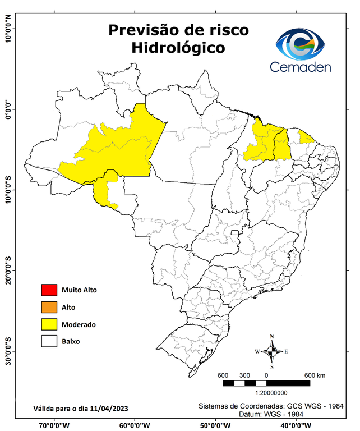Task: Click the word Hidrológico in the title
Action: (x=178, y=48)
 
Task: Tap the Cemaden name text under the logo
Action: (x=301, y=67)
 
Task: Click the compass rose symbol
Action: (x=271, y=352)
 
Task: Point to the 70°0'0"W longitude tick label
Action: (x=54, y=425)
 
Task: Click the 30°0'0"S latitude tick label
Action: (x=8, y=351)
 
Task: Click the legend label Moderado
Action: (x=79, y=324)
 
